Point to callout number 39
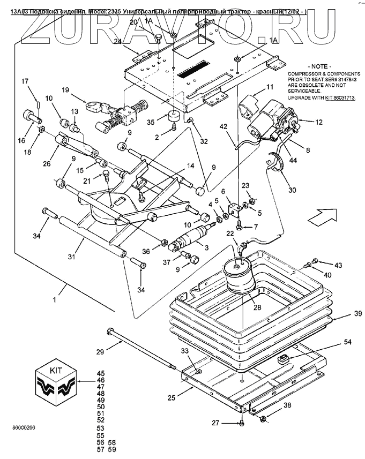[x=344, y=314]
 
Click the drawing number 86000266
[x=24, y=428]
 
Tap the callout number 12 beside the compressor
[x=319, y=122]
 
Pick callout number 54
[x=347, y=341]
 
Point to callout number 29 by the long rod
[x=100, y=352]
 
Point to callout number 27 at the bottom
[x=214, y=423]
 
